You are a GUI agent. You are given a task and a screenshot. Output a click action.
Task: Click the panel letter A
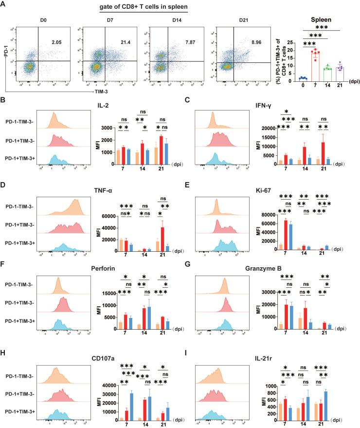pos(4,5)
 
